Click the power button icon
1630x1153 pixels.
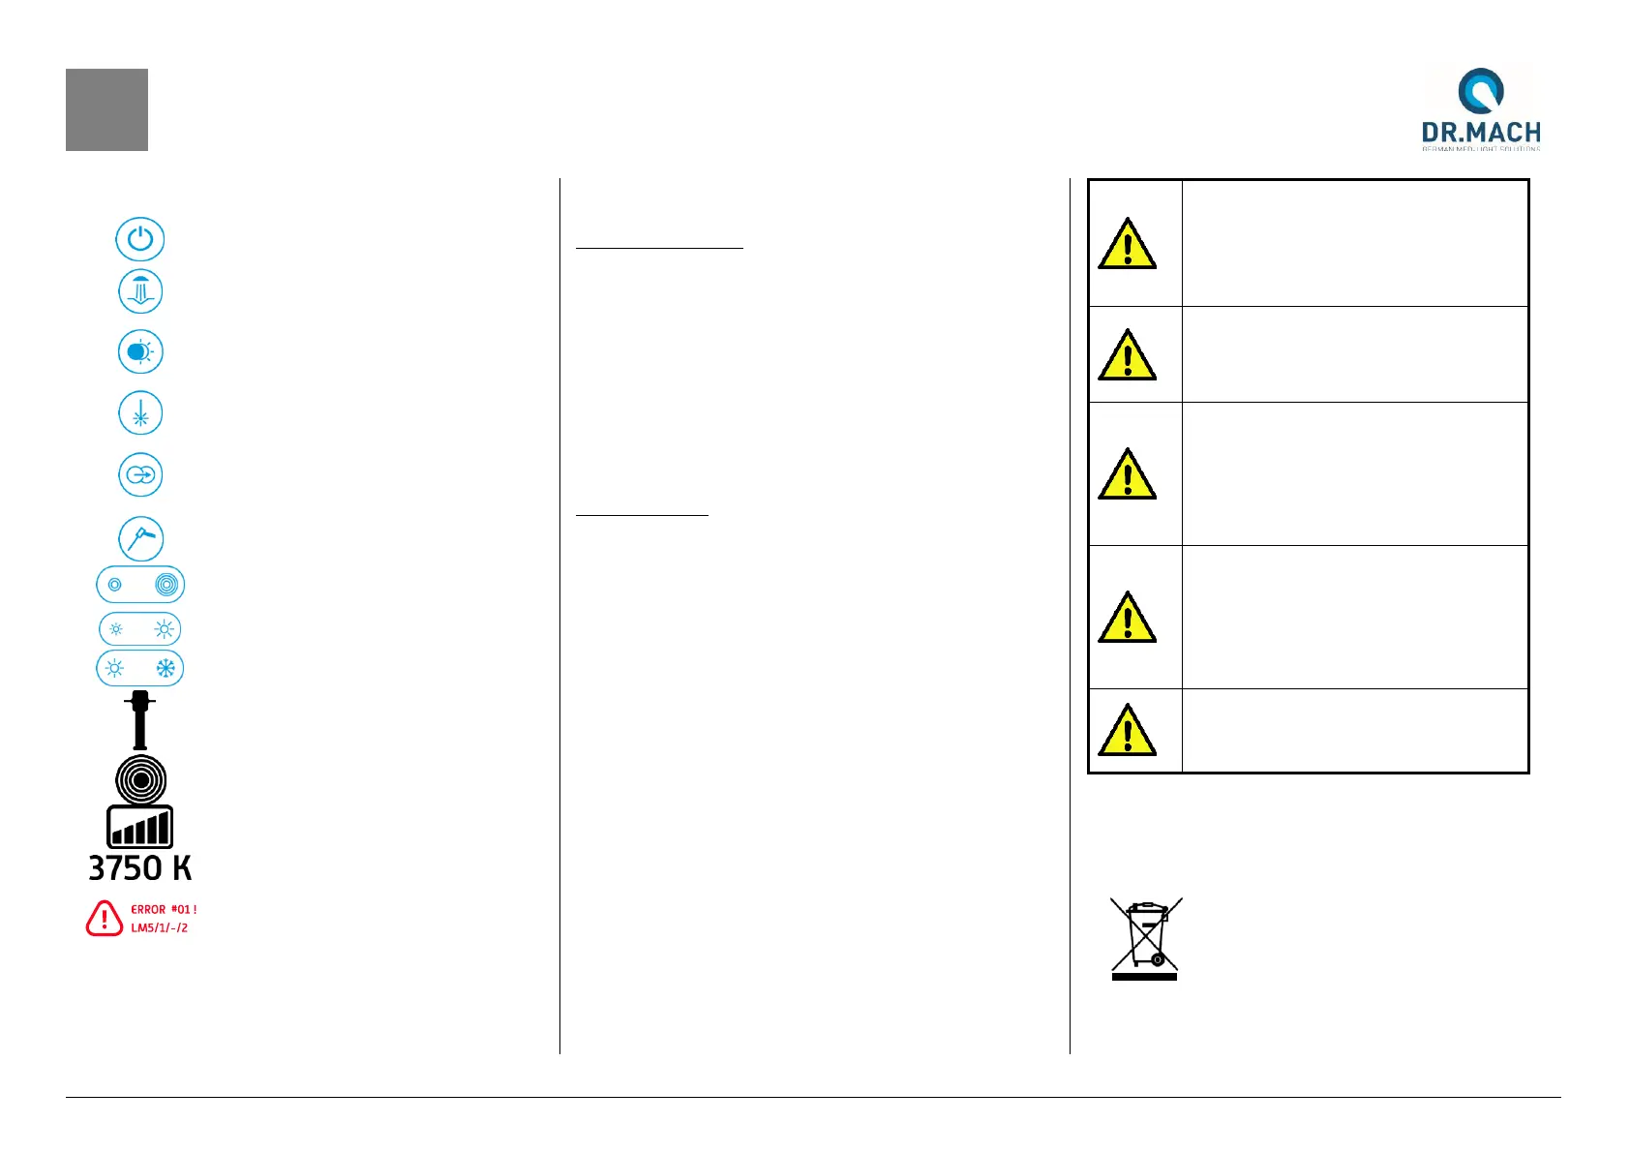[140, 239]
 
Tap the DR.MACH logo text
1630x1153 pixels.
[1481, 133]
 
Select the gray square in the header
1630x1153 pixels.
[106, 109]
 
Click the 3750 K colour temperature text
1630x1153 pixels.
[140, 867]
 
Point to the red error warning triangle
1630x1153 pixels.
[105, 919]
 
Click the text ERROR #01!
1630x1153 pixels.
[164, 910]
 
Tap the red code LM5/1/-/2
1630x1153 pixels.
[160, 927]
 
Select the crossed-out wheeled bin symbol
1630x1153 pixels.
[1146, 937]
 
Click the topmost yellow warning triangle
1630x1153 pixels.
[1127, 244]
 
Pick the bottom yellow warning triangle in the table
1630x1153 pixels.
[1127, 731]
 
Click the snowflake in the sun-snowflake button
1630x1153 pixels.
[166, 668]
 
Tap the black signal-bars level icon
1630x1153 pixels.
[140, 828]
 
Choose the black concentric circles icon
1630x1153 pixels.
[140, 779]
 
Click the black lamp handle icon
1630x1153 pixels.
[140, 720]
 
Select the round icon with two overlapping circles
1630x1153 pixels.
[140, 475]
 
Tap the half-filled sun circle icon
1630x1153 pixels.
[140, 351]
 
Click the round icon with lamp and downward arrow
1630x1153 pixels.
[140, 291]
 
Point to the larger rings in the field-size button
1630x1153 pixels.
[166, 585]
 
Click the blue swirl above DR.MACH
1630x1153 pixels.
[1481, 90]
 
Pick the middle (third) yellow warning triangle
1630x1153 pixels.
[1127, 474]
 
